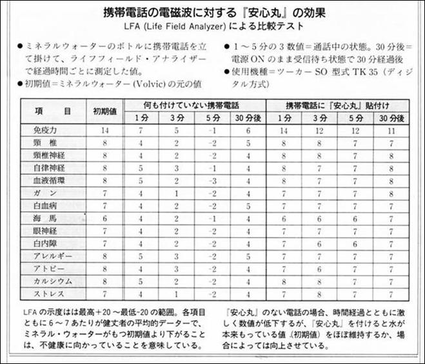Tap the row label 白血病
click(46, 206)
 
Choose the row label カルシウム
click(52, 281)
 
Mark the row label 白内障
click(46, 244)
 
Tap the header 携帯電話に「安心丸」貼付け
click(339, 104)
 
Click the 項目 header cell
click(58, 110)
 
